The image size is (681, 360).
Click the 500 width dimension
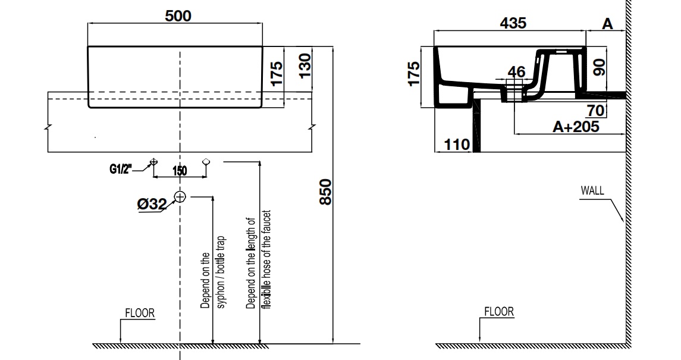tap(178, 16)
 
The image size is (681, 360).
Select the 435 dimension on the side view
tap(513, 23)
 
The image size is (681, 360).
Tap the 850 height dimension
tap(326, 192)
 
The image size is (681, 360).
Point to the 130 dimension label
tap(305, 65)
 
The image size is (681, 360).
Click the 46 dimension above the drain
tap(516, 71)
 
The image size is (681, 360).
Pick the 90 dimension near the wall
tap(599, 67)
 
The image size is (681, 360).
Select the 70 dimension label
tap(596, 111)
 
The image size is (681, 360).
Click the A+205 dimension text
tap(576, 127)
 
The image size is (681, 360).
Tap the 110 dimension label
tap(457, 144)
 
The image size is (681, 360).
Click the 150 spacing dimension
tap(180, 171)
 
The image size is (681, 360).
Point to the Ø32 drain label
tap(152, 204)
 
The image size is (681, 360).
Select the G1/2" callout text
tap(120, 169)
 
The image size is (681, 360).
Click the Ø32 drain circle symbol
tap(180, 197)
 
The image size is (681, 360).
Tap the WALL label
tap(592, 190)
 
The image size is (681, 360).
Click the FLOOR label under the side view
tap(499, 312)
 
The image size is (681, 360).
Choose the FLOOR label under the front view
tap(140, 313)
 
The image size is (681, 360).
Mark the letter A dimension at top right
tap(607, 24)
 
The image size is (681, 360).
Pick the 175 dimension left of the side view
tap(415, 74)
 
